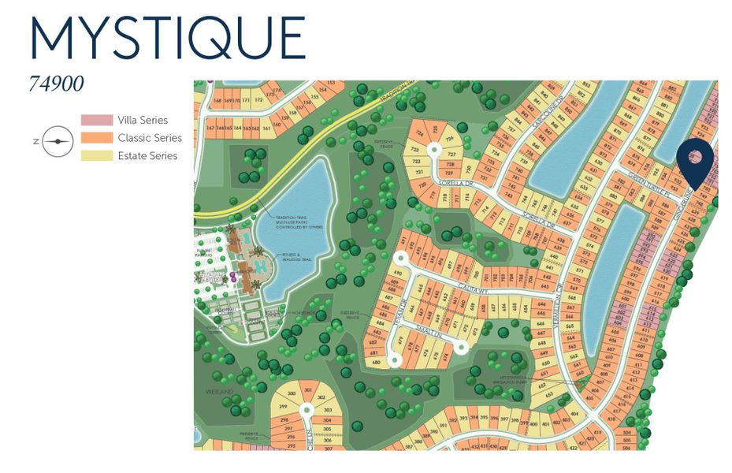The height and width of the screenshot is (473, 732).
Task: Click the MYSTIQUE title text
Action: (167, 37)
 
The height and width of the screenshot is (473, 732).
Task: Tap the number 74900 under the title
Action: (56, 84)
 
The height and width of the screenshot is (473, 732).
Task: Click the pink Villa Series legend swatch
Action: (96, 120)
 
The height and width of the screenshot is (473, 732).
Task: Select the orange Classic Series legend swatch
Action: (96, 138)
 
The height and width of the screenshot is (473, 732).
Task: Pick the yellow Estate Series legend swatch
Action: (96, 155)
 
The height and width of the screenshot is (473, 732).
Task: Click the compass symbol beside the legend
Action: (57, 141)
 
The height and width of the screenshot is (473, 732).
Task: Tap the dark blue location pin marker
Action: (695, 161)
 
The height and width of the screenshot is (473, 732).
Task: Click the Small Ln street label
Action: (428, 334)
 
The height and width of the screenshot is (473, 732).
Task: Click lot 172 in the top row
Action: (257, 101)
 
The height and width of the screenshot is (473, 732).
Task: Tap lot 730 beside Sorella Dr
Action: (468, 168)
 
